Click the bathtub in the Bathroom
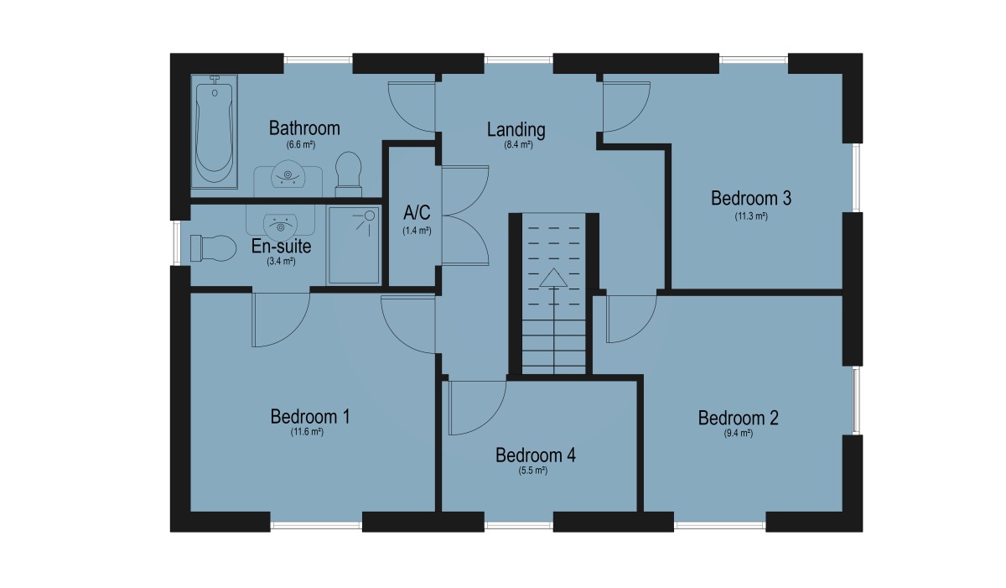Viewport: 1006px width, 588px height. (215, 131)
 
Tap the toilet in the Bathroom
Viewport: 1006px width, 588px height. (349, 174)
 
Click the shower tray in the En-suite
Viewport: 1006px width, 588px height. (354, 245)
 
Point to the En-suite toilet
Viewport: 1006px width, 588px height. (213, 248)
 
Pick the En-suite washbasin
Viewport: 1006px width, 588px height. (280, 226)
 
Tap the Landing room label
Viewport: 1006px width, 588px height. (516, 130)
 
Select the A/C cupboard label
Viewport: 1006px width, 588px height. (417, 212)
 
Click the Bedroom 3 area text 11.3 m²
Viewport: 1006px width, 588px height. (751, 216)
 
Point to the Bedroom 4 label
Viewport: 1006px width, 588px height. (536, 455)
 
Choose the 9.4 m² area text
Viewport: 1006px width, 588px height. (738, 434)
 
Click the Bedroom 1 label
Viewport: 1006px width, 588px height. (310, 417)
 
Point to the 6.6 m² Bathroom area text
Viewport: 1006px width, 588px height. (301, 144)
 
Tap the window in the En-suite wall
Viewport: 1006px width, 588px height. (176, 242)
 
